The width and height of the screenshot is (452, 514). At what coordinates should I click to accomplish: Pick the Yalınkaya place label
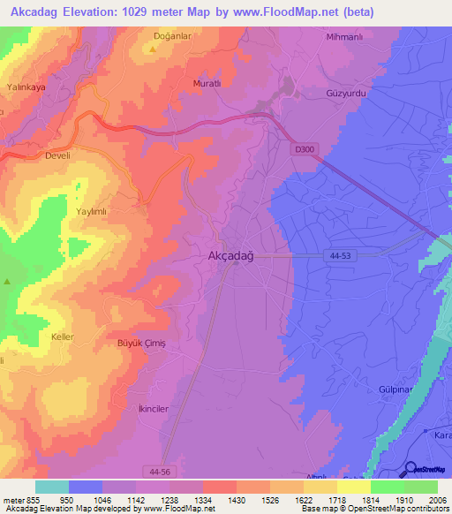(26, 88)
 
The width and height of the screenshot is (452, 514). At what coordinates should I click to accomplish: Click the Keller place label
(64, 337)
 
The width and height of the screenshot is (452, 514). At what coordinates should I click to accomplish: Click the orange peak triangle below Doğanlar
(153, 49)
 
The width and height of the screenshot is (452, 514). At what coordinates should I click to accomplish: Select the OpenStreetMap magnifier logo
(411, 468)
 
